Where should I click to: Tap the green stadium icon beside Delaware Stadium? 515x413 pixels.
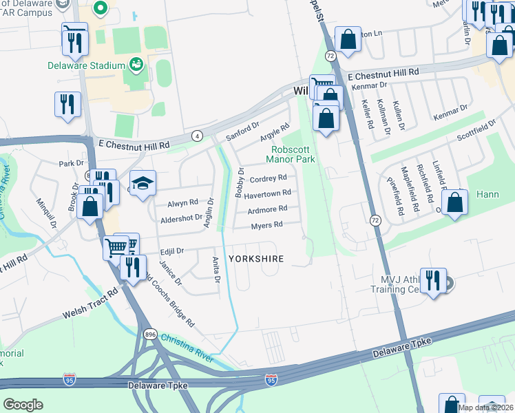[136, 65]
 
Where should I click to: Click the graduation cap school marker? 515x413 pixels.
[143, 184]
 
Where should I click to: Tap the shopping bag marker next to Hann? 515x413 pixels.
[454, 203]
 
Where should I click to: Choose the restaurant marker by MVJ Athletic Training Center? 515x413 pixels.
[433, 281]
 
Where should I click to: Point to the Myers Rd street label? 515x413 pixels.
[267, 225]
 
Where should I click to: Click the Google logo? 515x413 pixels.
[23, 404]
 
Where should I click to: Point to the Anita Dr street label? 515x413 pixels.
[216, 269]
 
